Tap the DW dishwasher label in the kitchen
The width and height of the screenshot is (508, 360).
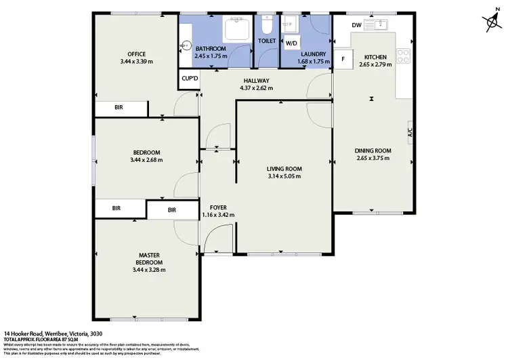[x=356, y=25]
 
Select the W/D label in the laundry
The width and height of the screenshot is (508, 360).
[x=291, y=43]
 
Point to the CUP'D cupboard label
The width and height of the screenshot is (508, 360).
[x=189, y=79]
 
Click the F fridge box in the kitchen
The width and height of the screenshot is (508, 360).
[x=343, y=58]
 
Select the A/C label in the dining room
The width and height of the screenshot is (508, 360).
[x=410, y=133]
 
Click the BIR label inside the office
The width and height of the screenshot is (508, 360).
[x=119, y=108]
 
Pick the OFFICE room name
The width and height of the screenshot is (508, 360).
[x=137, y=54]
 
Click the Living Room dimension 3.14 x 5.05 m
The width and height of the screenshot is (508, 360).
[x=284, y=177]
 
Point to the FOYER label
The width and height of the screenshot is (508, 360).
[x=217, y=207]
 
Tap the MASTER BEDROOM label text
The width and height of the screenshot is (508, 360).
[x=150, y=258]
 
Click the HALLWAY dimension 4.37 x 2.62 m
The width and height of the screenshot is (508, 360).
[x=257, y=88]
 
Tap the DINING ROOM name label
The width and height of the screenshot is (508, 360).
[x=373, y=151]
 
